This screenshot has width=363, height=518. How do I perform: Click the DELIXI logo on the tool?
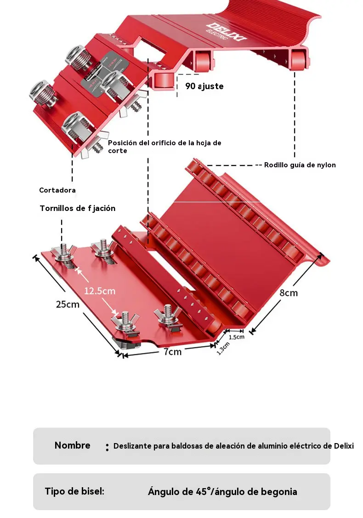226,33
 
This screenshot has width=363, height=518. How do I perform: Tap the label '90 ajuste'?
204,86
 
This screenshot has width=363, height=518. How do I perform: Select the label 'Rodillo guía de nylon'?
300,165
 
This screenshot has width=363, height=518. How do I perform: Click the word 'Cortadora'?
57,190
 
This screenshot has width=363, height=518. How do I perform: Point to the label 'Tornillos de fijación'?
78,208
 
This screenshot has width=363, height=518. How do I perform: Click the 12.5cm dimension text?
100,291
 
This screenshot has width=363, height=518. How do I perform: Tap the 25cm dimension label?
68,304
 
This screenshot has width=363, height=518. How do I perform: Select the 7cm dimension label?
173,352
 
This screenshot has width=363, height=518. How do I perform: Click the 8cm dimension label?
289,293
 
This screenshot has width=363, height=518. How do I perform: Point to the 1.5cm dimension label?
237,337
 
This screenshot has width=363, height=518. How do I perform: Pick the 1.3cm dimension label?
223,348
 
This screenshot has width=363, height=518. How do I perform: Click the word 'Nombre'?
72,445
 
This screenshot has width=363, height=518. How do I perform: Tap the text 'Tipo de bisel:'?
74,491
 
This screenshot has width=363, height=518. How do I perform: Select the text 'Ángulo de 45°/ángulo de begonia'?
222,492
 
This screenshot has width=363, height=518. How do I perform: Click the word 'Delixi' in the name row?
344,446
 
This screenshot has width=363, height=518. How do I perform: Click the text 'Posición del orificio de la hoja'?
161,143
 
